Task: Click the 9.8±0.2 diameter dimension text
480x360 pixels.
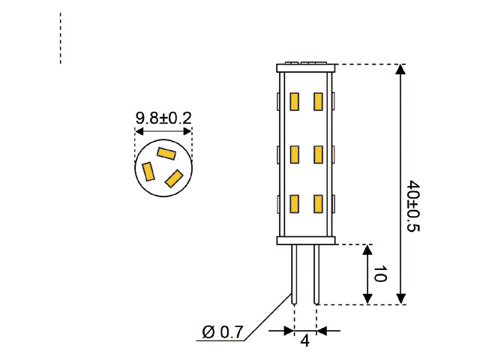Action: click(x=163, y=118)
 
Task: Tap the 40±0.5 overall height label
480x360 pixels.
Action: click(x=412, y=205)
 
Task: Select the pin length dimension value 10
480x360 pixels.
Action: click(x=379, y=274)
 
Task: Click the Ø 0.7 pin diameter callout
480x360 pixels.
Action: click(x=223, y=332)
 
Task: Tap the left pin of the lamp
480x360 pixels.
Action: click(x=295, y=274)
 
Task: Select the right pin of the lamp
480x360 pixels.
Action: click(x=316, y=274)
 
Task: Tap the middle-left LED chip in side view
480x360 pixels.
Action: click(x=295, y=154)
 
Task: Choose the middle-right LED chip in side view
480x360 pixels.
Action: click(x=318, y=154)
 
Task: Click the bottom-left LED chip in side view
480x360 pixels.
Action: click(x=295, y=204)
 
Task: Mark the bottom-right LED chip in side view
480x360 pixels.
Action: click(x=318, y=204)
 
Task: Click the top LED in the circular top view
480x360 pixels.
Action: click(x=166, y=154)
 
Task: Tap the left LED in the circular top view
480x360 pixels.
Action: click(x=149, y=172)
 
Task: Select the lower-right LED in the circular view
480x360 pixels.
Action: click(x=174, y=178)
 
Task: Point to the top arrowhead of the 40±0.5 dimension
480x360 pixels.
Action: click(x=400, y=70)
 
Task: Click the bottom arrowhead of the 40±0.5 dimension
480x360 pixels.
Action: click(x=400, y=298)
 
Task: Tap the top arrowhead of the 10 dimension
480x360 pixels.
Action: click(x=367, y=250)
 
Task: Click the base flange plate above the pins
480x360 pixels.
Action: click(x=305, y=241)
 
